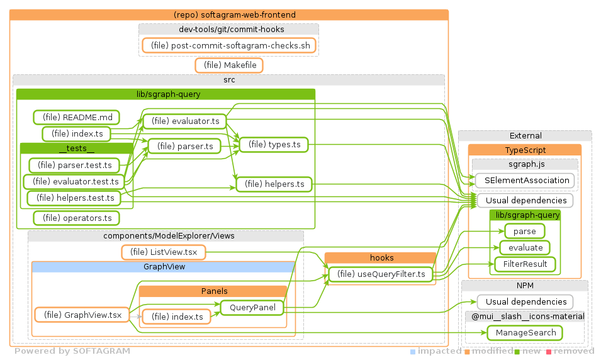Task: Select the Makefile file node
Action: click(229, 65)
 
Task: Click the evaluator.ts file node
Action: click(184, 121)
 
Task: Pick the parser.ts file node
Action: click(184, 146)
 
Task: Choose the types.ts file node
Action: click(274, 145)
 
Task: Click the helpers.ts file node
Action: click(274, 184)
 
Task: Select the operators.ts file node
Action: click(77, 218)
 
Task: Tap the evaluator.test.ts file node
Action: click(74, 181)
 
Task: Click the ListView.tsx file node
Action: click(164, 252)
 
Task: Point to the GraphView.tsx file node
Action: click(82, 315)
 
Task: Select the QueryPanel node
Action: click(250, 308)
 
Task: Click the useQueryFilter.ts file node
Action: click(380, 274)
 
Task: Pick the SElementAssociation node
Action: click(525, 180)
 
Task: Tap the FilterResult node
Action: click(525, 264)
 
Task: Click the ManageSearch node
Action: click(525, 332)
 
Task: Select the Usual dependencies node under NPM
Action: click(525, 301)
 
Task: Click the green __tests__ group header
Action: click(76, 149)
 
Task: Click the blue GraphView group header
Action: click(163, 267)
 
